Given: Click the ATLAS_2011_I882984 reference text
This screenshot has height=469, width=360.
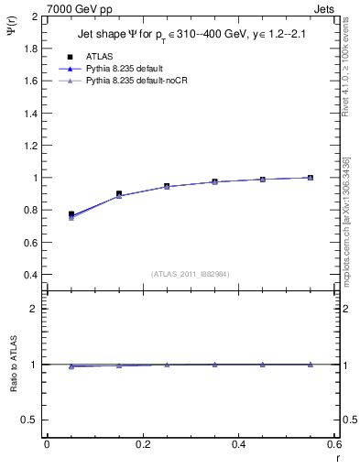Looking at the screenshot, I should point(191,274).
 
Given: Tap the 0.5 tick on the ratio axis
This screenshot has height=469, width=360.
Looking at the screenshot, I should point(32,420).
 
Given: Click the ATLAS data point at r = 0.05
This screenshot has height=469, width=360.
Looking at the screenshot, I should point(71,214).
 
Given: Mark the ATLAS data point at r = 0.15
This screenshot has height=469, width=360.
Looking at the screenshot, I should point(119,194).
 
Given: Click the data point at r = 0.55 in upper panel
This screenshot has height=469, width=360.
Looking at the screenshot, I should point(311,178).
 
